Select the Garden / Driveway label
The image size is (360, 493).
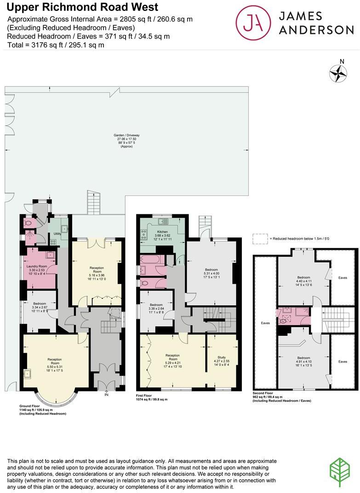126,135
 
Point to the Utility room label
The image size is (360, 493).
57,234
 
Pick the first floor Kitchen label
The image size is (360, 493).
163,232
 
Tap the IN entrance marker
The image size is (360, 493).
107,395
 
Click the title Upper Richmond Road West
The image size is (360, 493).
82,7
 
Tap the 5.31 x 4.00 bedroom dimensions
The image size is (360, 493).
211,273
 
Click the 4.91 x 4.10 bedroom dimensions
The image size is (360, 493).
303,361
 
